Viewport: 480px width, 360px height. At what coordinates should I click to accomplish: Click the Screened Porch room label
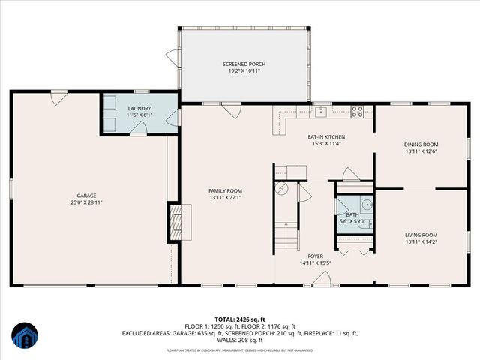(x=244, y=64)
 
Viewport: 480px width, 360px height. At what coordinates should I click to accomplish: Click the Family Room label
(x=225, y=190)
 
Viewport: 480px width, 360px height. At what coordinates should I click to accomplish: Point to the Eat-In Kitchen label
(x=326, y=136)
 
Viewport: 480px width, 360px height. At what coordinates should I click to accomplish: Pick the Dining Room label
(x=421, y=144)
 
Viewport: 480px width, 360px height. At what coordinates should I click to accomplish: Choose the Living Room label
(x=421, y=235)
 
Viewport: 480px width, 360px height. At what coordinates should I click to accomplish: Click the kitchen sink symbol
(x=321, y=113)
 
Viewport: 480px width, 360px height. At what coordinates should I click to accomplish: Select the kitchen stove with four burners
(x=358, y=113)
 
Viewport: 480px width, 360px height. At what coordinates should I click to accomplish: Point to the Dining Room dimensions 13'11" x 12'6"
(x=421, y=151)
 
